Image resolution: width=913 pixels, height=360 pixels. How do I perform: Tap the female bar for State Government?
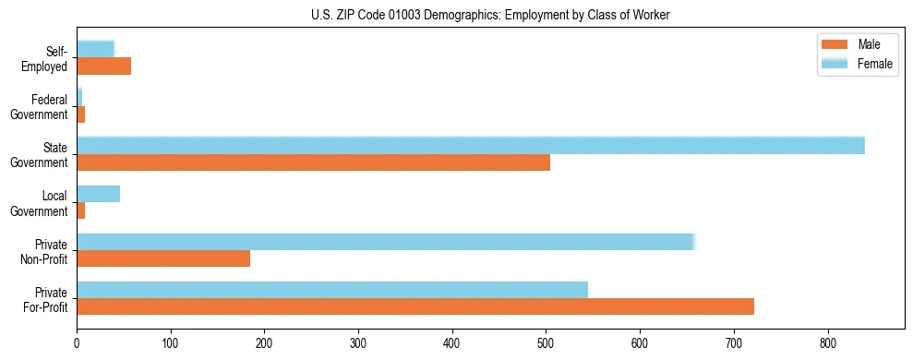470,146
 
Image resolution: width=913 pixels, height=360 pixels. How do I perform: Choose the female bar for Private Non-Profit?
385,242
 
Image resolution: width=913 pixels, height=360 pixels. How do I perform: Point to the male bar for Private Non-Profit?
163,258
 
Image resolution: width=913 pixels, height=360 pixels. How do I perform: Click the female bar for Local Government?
98,194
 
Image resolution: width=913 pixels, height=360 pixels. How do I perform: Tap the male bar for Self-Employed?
103,66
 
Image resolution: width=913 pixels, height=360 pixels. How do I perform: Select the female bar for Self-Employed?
95,49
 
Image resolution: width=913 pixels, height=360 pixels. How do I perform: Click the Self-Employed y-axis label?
44,58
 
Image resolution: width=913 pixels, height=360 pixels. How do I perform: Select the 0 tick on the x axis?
77,342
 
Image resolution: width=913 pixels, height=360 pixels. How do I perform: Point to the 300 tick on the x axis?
358,342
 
